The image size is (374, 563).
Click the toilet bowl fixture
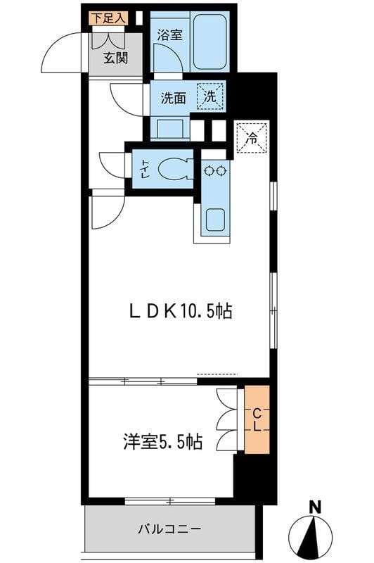pos(171,168)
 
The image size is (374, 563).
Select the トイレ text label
pos(143,168)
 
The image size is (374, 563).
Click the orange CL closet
pos(257,419)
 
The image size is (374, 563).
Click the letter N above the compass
pos(316,505)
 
